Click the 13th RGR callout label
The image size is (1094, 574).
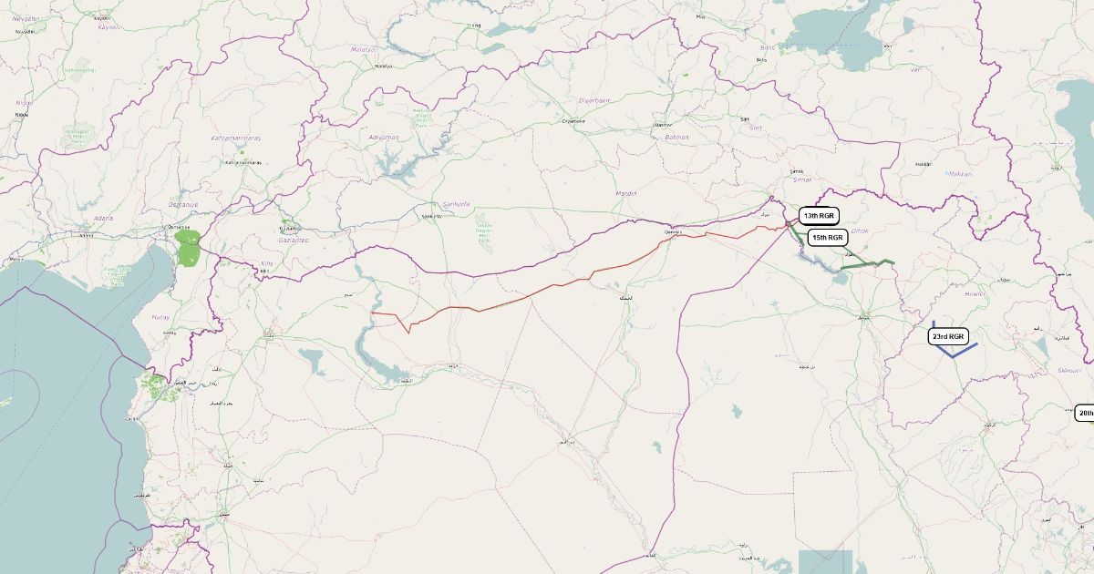click(818, 216)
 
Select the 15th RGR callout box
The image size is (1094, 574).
click(828, 237)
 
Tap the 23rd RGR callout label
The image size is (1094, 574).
click(948, 336)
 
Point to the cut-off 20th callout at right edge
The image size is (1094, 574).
click(1084, 413)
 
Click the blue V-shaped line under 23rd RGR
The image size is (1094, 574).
click(954, 354)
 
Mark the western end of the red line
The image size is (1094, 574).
click(373, 313)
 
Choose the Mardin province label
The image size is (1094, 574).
click(626, 193)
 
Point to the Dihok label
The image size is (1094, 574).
click(860, 231)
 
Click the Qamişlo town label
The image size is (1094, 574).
click(673, 232)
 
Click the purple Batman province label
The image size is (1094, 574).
click(676, 137)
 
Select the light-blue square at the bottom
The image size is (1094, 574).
click(825, 561)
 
